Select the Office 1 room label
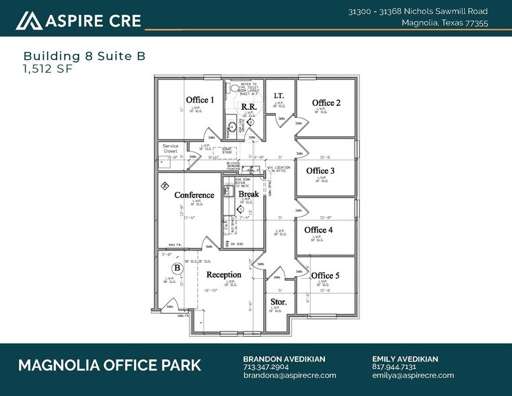(x=200, y=100)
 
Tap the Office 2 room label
(x=326, y=103)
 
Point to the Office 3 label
(x=320, y=171)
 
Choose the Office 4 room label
(x=318, y=230)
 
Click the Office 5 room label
(x=325, y=275)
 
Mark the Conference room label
(x=194, y=195)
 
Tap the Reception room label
(x=223, y=275)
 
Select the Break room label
(x=248, y=195)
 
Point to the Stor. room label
(x=278, y=302)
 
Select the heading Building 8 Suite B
(x=84, y=56)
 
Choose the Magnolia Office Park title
(x=109, y=366)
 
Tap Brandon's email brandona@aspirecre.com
(x=289, y=375)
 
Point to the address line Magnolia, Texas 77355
(x=445, y=23)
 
